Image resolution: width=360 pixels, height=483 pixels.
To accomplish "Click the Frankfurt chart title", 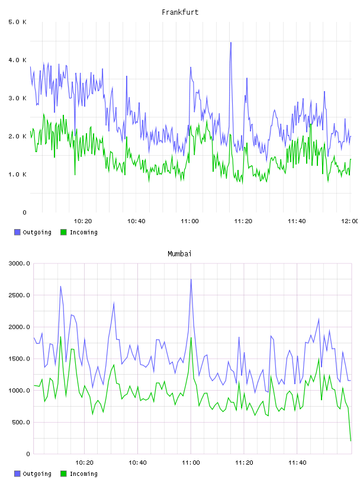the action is [x=180, y=12].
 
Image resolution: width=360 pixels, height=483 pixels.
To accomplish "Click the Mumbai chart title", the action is [x=179, y=254].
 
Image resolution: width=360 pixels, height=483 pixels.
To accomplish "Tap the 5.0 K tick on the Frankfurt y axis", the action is [x=17, y=22].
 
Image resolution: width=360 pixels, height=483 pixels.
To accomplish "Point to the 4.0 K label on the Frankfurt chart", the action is [x=17, y=60].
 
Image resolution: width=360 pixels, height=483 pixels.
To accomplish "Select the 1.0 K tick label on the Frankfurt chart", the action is [x=17, y=175].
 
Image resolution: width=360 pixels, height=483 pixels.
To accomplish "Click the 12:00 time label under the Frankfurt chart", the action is [x=350, y=221].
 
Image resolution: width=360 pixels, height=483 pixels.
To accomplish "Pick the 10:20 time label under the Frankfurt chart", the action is [x=83, y=221].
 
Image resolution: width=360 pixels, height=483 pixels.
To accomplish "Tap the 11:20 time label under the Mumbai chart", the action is [x=244, y=463].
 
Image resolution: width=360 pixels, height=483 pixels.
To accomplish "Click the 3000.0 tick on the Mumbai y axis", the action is [x=19, y=263].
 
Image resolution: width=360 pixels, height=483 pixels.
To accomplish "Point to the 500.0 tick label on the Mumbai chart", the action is [x=21, y=422].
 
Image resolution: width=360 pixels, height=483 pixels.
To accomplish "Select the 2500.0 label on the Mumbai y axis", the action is [x=19, y=295].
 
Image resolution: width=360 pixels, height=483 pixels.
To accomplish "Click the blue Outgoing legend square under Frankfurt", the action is [x=17, y=232].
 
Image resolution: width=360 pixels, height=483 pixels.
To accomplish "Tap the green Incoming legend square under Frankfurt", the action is [x=63, y=232].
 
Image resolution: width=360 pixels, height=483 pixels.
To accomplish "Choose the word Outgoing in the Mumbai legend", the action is [x=37, y=474].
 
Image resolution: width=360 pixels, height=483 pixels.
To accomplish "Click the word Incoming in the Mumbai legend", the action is [x=83, y=474].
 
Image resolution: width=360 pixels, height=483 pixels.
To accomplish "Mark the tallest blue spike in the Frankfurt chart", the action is [x=230, y=43].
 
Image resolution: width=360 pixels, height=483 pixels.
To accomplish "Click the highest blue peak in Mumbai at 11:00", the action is [x=191, y=279].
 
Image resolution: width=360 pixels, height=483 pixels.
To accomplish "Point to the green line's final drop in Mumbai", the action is [x=350, y=425].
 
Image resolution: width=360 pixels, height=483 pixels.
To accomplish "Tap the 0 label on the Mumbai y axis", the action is [x=28, y=454].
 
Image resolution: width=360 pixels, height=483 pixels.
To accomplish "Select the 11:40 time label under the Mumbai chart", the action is [x=297, y=463].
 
